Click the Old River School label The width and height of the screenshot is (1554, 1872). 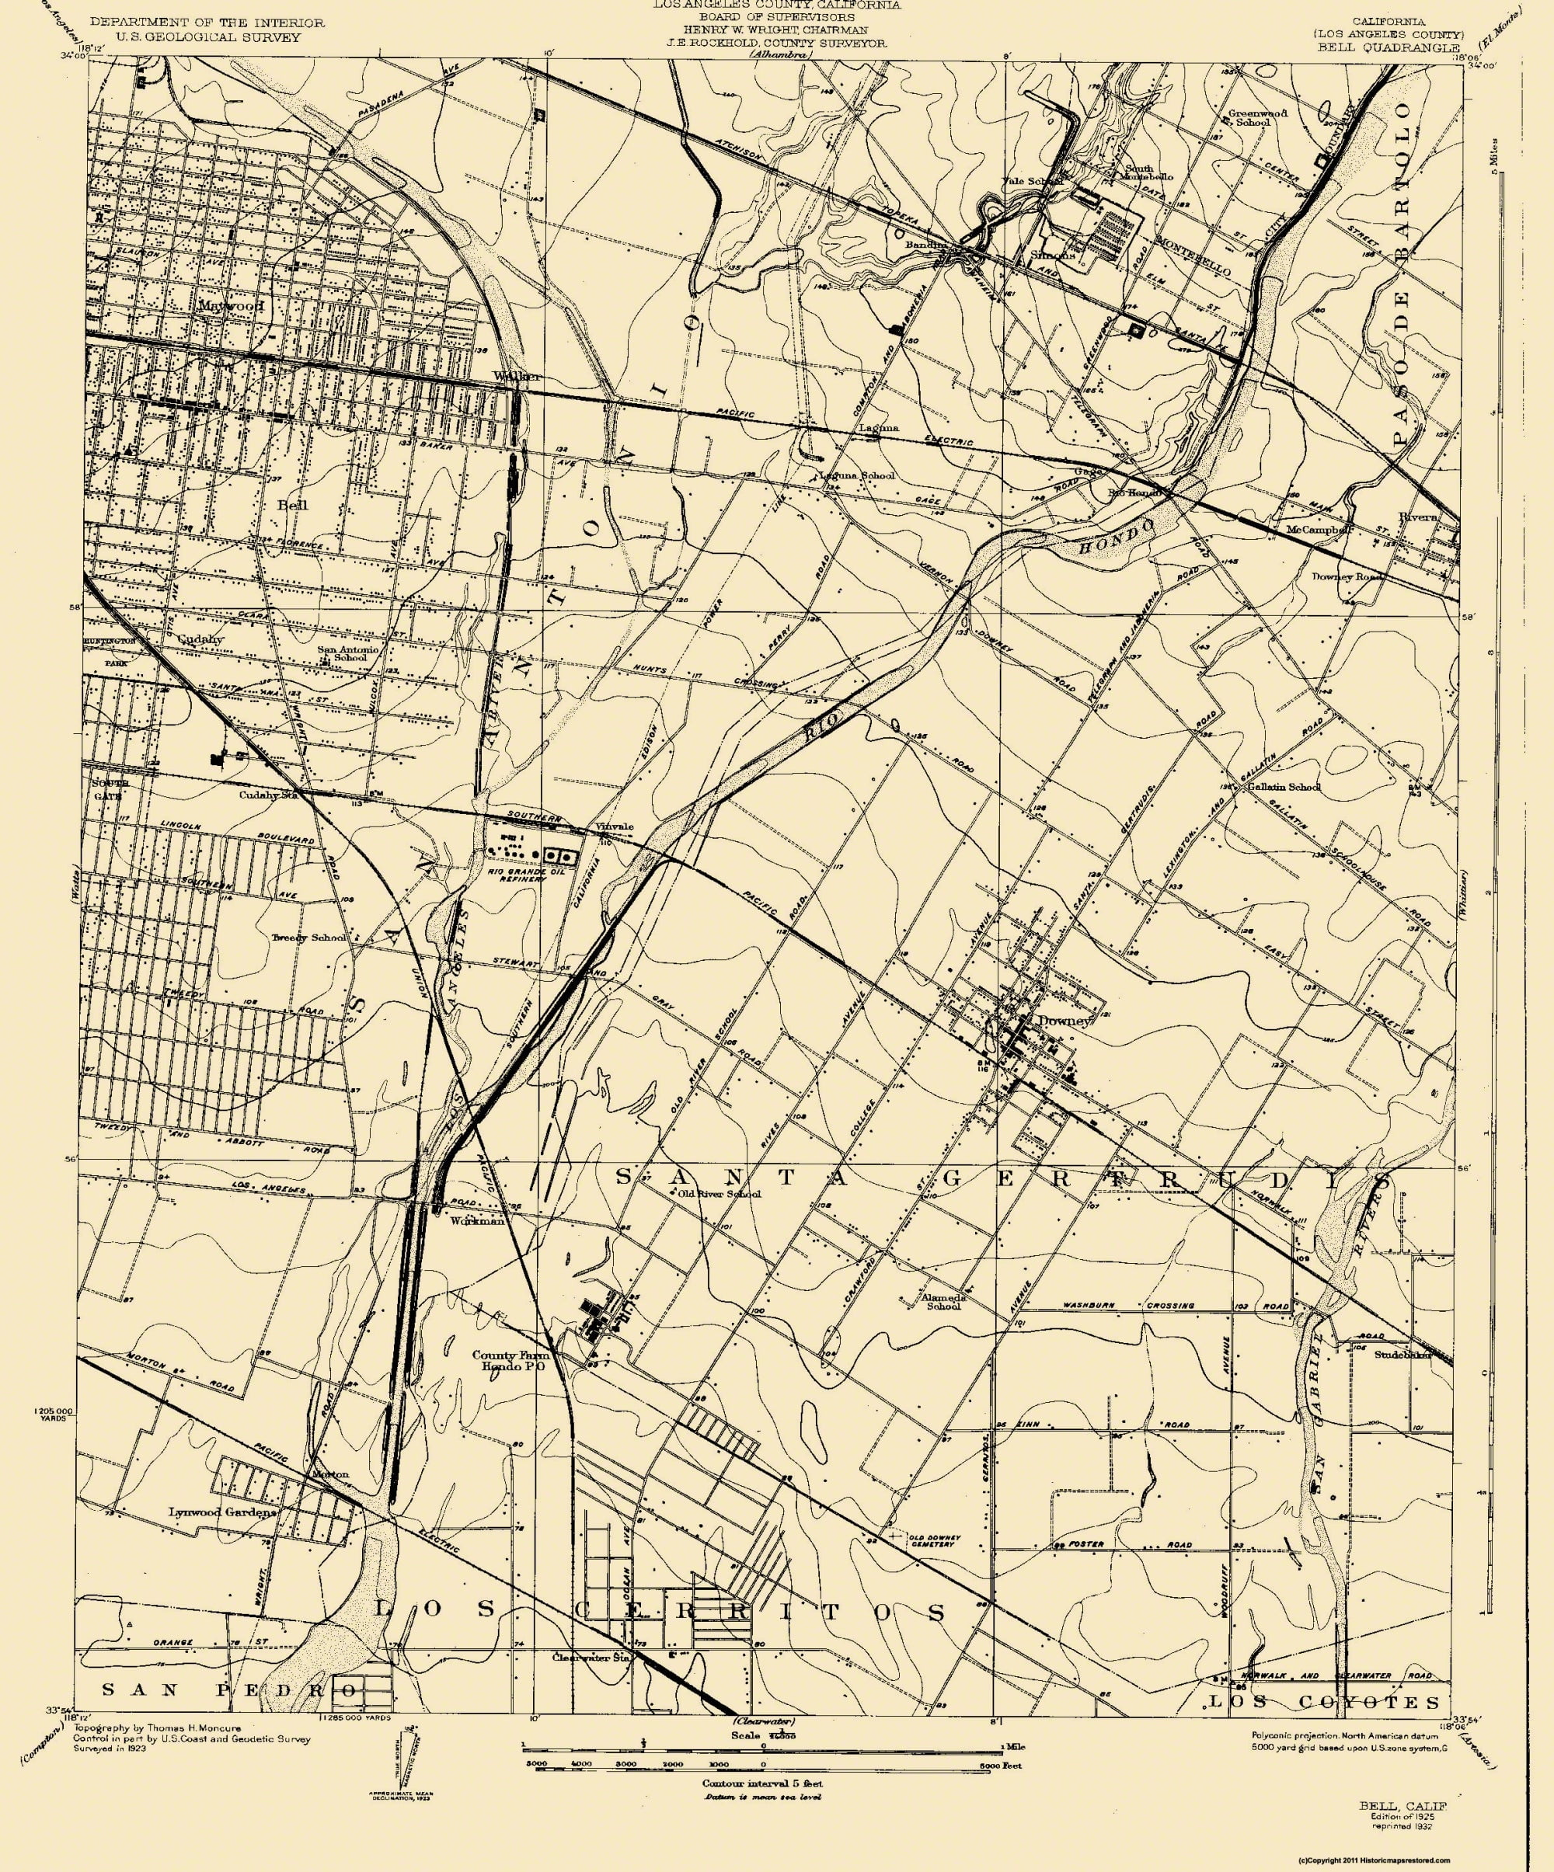pyautogui.click(x=719, y=1194)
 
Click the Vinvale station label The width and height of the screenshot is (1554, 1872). pyautogui.click(x=615, y=826)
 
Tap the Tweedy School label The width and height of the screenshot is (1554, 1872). pyautogui.click(x=309, y=938)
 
